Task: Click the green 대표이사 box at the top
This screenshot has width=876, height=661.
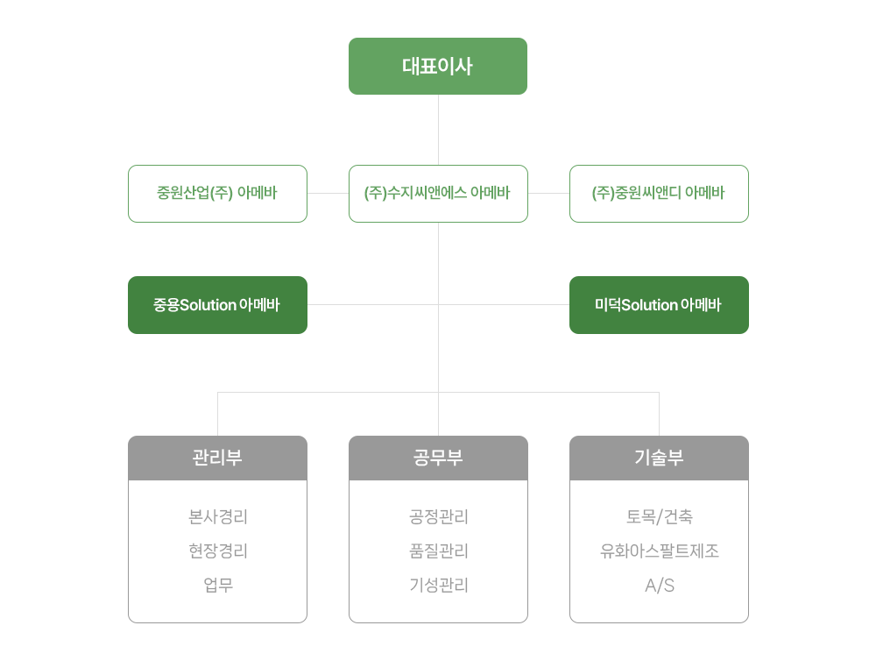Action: coord(438,67)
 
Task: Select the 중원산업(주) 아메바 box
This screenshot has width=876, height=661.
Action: coord(217,193)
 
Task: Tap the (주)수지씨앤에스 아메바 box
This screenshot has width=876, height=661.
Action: coord(438,193)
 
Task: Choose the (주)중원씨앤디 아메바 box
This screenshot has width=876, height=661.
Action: coord(659,193)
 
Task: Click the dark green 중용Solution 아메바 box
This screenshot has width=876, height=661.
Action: coord(217,304)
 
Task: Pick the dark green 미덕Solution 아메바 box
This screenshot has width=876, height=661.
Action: coord(659,304)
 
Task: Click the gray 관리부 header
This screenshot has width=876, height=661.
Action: coord(217,458)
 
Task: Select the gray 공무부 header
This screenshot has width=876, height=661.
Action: coord(438,458)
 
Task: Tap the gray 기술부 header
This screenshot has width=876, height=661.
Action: coord(659,458)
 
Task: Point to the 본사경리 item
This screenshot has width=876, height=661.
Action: coord(217,517)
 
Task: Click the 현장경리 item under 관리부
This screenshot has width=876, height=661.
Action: coord(217,551)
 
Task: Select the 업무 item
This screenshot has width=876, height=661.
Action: coord(217,586)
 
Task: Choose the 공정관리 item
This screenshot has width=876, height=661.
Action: coord(438,517)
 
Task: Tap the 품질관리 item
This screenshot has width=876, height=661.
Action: coord(438,551)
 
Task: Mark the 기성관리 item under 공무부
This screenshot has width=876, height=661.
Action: coord(438,586)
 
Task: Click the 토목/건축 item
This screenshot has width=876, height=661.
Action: coord(659,517)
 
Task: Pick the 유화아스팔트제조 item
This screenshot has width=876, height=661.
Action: coord(659,551)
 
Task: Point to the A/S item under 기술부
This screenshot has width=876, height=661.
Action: coord(659,586)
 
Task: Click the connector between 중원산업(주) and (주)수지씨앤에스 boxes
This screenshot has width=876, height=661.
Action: coord(328,193)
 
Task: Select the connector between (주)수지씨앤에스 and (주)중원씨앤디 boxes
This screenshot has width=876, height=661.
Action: coord(548,193)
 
